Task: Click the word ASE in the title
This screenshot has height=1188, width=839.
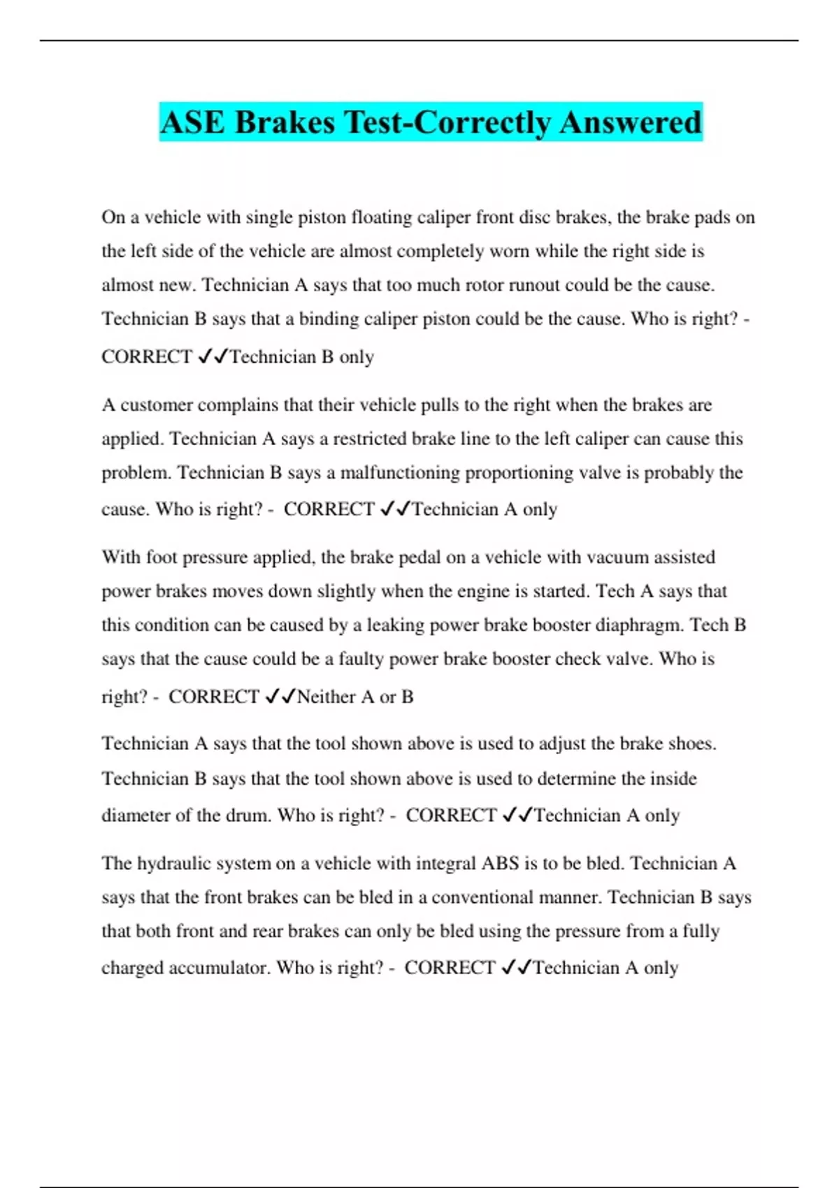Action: [x=193, y=122]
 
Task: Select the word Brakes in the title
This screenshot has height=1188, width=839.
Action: [x=285, y=122]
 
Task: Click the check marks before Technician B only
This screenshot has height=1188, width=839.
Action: [x=213, y=357]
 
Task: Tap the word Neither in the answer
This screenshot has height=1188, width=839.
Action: [x=327, y=697]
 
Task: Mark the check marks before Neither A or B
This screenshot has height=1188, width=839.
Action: [x=280, y=697]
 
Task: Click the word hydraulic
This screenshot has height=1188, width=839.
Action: [x=167, y=864]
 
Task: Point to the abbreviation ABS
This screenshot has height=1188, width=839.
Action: [x=500, y=864]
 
